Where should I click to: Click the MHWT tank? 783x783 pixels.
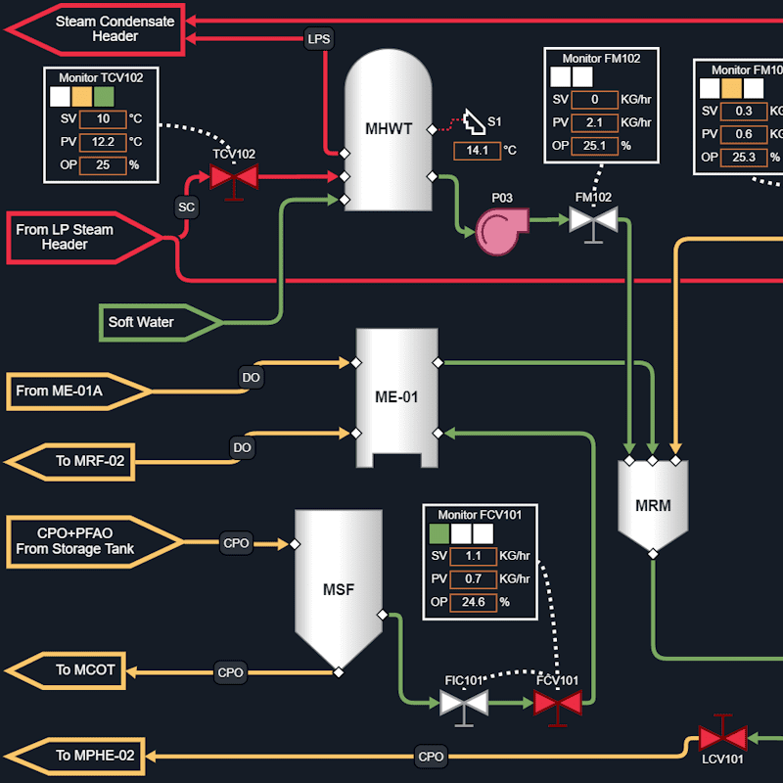pyautogui.click(x=389, y=132)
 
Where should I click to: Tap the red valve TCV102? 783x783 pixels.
pyautogui.click(x=233, y=177)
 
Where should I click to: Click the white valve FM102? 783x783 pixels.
pyautogui.click(x=593, y=219)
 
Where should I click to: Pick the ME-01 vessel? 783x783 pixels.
pyautogui.click(x=396, y=396)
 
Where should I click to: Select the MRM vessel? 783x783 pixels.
pyautogui.click(x=653, y=504)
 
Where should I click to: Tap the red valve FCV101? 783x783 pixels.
pyautogui.click(x=558, y=703)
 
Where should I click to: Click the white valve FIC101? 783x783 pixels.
pyautogui.click(x=464, y=703)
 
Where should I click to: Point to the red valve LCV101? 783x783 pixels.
pyautogui.click(x=722, y=737)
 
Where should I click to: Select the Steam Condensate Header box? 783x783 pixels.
pyautogui.click(x=98, y=28)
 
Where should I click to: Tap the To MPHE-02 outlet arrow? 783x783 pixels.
pyautogui.click(x=78, y=756)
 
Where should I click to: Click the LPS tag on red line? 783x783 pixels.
pyautogui.click(x=319, y=38)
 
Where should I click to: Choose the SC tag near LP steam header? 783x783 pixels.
pyautogui.click(x=186, y=207)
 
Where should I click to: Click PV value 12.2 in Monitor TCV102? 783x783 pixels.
pyautogui.click(x=103, y=142)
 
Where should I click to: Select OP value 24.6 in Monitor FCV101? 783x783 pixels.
pyautogui.click(x=473, y=602)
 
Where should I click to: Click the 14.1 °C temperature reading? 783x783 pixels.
pyautogui.click(x=478, y=151)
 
